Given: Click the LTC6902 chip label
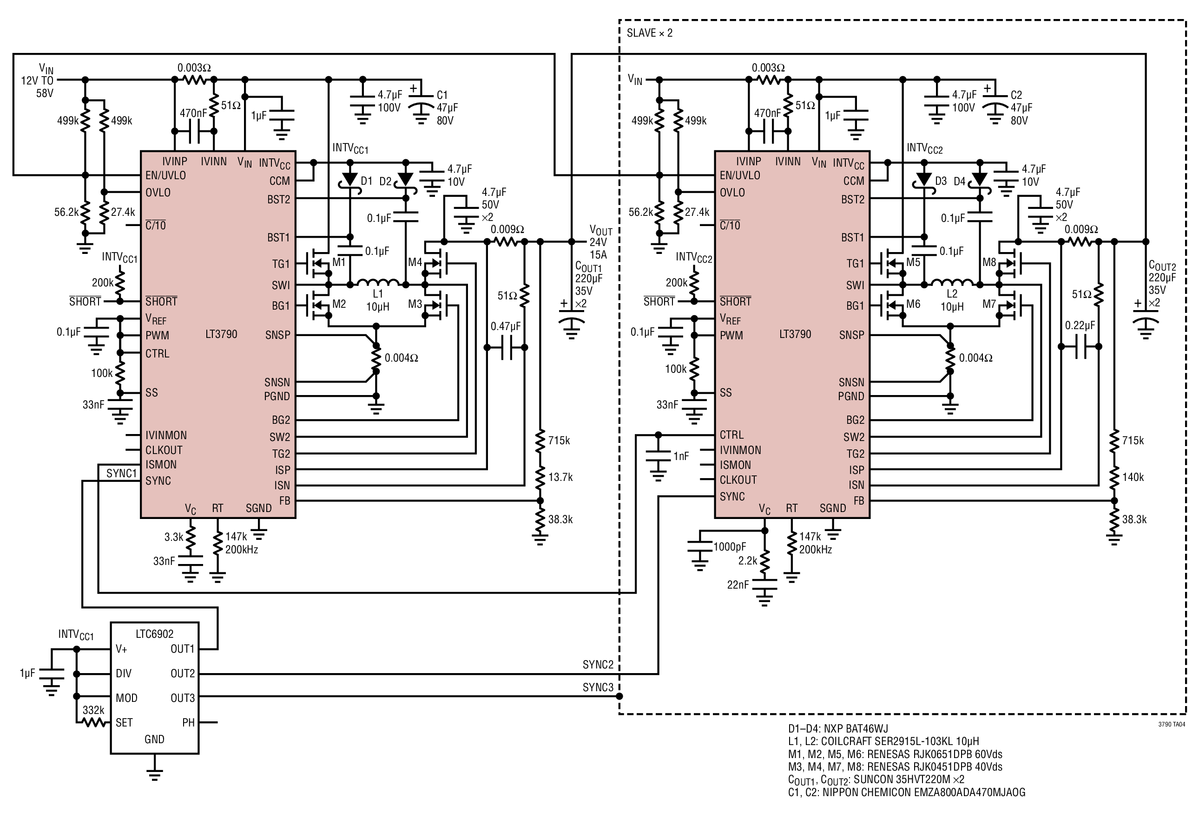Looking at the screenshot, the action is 154,634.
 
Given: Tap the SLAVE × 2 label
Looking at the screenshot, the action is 650,33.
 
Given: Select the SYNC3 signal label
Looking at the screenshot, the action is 598,687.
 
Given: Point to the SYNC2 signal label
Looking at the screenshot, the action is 598,664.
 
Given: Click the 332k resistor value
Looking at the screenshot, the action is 93,710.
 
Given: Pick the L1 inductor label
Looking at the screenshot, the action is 378,294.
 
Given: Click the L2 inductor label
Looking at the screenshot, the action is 952,294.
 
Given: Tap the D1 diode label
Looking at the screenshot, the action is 366,181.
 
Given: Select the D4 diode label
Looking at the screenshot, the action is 959,182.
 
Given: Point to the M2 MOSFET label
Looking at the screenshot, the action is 339,304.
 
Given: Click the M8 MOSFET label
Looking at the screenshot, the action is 989,262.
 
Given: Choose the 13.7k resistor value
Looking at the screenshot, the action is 560,477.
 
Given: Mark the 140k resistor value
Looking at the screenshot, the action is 1133,477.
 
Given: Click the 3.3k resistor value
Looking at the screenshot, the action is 174,537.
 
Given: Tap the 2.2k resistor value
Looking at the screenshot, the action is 748,560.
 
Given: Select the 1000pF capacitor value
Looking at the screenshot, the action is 730,546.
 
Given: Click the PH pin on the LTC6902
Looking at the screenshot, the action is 188,722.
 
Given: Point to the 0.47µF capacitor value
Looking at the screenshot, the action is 506,326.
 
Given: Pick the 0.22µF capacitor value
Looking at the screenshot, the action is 1080,325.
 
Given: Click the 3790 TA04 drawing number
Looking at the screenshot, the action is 1172,724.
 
